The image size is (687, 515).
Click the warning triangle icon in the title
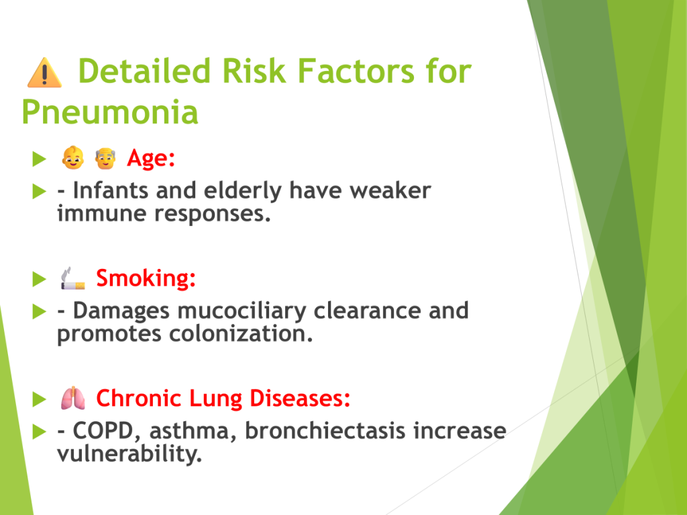click(44, 72)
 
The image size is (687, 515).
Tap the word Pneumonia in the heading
click(110, 112)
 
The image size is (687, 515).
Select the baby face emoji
click(72, 158)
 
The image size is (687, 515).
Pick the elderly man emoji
click(105, 158)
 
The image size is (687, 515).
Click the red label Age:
click(151, 158)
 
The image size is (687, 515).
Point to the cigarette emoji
click(72, 278)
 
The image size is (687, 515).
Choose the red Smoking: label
click(146, 278)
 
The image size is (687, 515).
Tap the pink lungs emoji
click(72, 398)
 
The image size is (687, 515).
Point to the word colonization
click(241, 334)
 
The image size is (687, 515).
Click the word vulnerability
click(129, 453)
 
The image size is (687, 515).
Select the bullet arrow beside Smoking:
click(40, 279)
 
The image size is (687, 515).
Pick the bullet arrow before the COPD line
click(40, 432)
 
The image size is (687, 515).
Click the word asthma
click(189, 431)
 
